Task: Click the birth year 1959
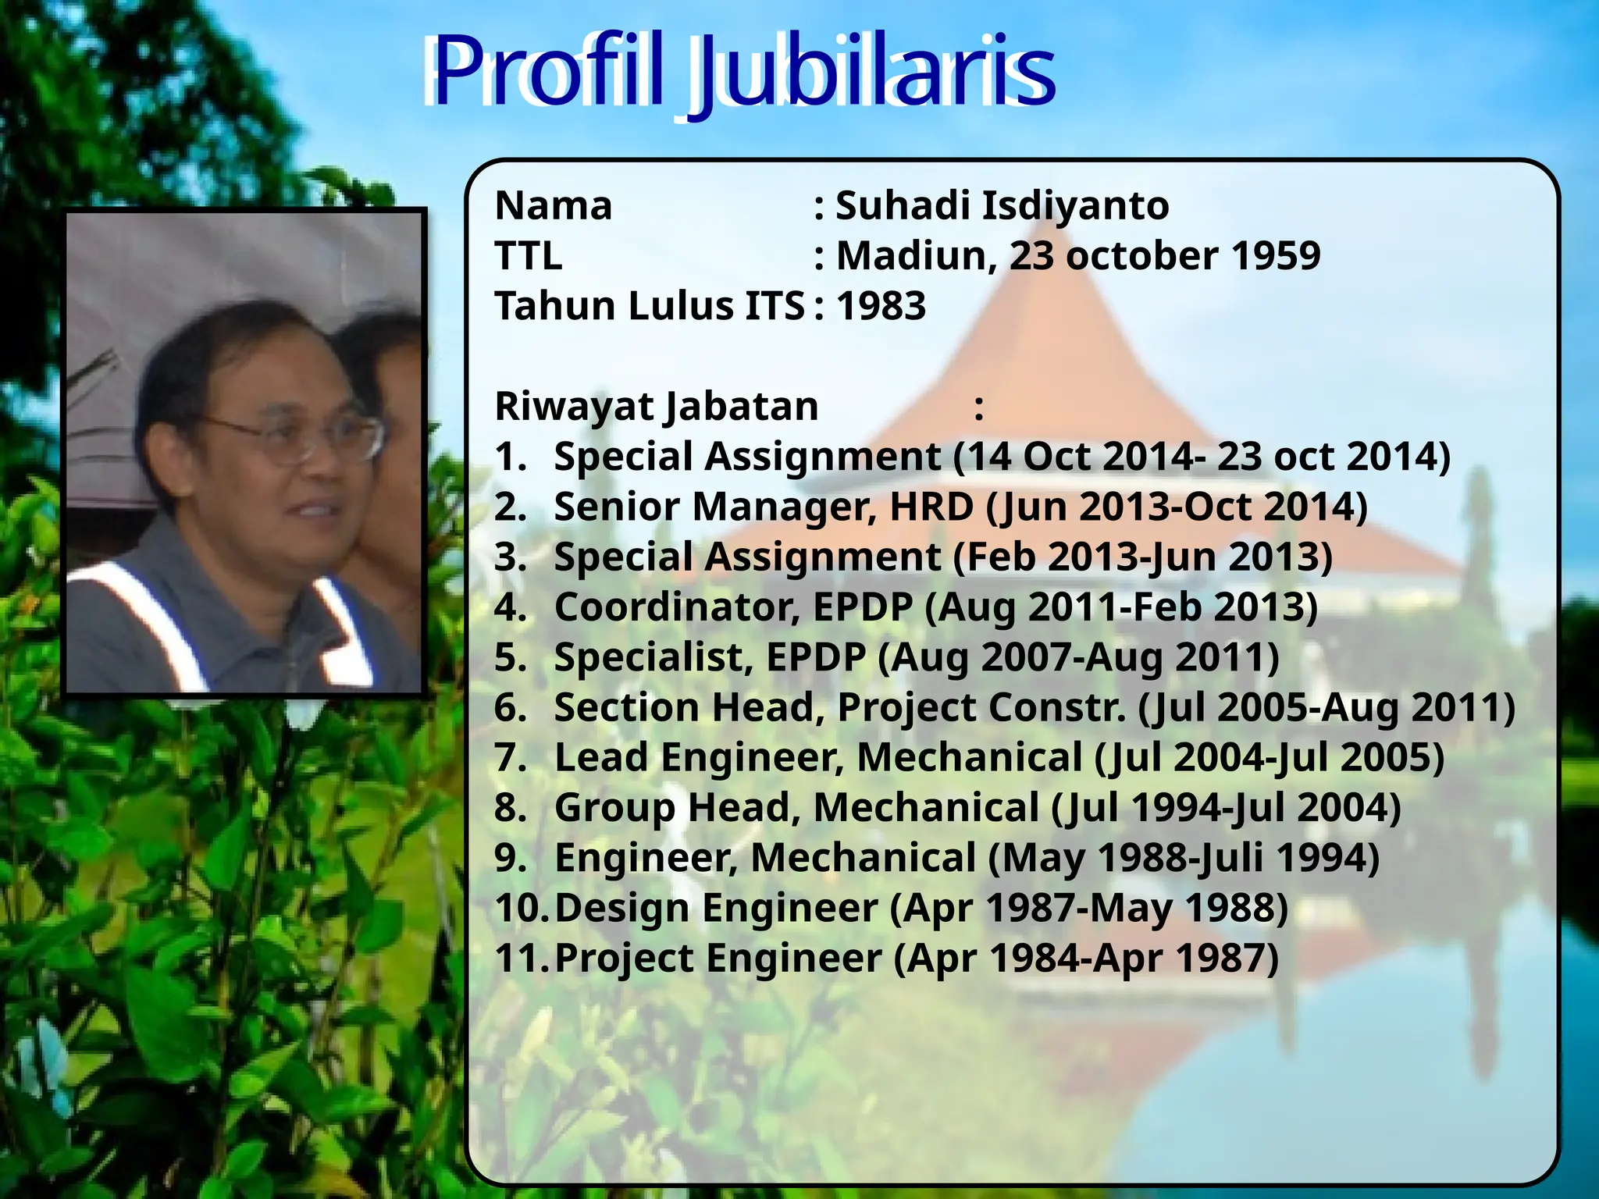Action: (x=1276, y=256)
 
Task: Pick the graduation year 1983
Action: (x=881, y=306)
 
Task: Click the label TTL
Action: (x=529, y=256)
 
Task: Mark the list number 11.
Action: (x=520, y=959)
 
